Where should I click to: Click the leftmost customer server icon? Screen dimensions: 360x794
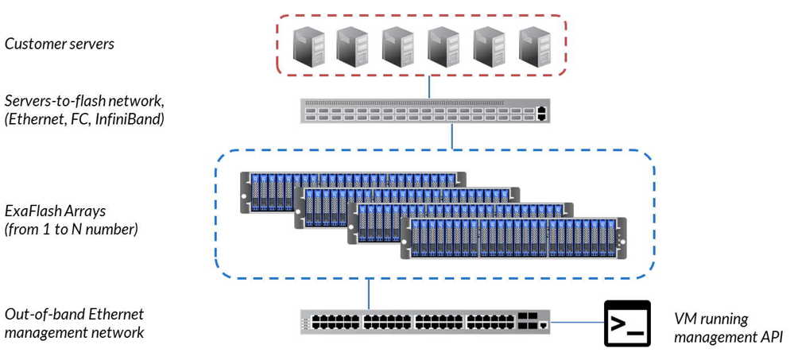[306, 45]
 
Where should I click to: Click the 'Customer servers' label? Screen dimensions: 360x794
[60, 43]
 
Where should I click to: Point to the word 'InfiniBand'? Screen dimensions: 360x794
[139, 119]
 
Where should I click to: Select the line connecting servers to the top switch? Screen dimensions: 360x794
[429, 87]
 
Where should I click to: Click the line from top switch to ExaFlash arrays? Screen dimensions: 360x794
[452, 136]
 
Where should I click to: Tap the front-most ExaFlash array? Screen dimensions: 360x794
[512, 238]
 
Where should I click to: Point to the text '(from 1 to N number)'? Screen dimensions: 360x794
[72, 230]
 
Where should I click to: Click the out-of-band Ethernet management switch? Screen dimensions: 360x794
[425, 322]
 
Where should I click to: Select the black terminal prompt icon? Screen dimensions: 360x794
[627, 323]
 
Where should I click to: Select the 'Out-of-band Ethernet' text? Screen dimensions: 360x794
[64, 314]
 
